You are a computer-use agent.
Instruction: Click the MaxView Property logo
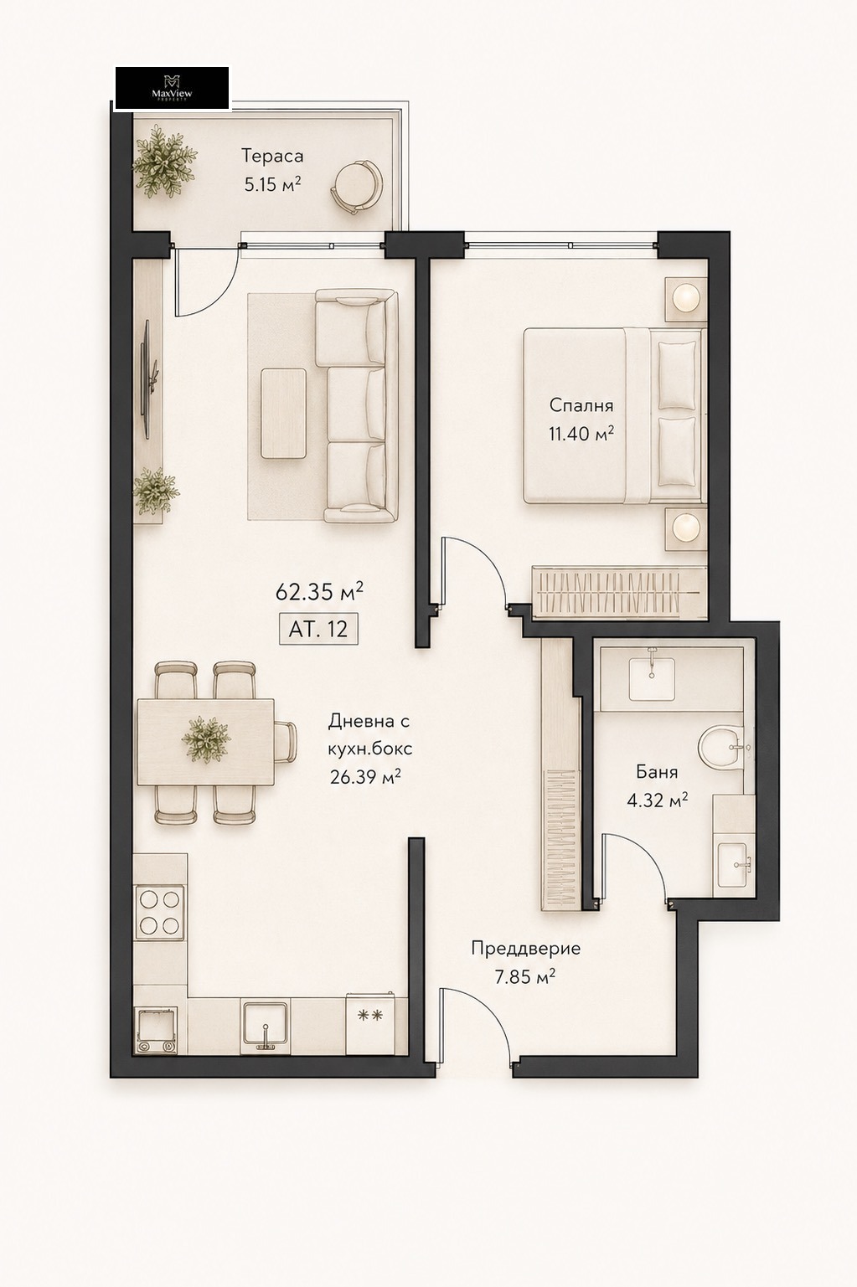(x=172, y=88)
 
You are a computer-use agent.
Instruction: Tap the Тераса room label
(x=272, y=156)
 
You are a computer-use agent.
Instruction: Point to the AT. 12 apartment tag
(x=318, y=629)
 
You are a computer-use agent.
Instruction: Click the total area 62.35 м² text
(x=319, y=592)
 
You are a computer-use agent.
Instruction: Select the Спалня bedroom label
(x=581, y=405)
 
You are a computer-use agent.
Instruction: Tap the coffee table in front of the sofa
(x=284, y=413)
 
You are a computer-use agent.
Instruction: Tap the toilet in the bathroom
(x=720, y=748)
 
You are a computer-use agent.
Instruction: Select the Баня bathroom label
(x=657, y=772)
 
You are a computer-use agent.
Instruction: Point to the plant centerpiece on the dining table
(x=205, y=739)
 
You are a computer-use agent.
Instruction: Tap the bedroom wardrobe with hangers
(x=620, y=592)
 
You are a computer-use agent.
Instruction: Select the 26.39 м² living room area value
(x=365, y=777)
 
